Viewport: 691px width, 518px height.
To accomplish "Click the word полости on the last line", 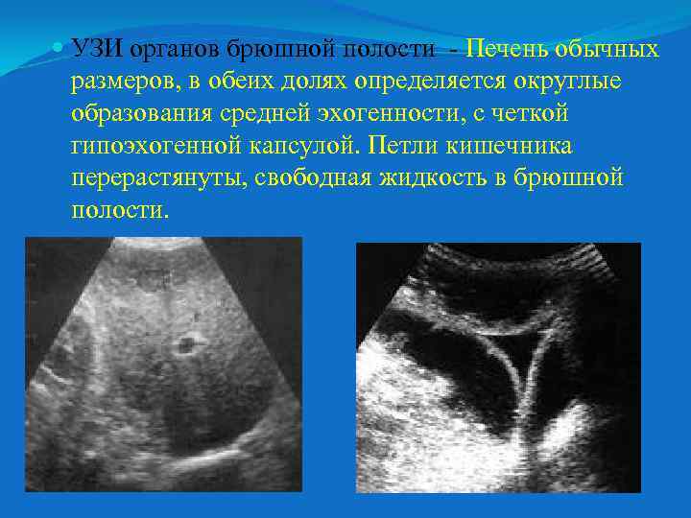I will point(119,210).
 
